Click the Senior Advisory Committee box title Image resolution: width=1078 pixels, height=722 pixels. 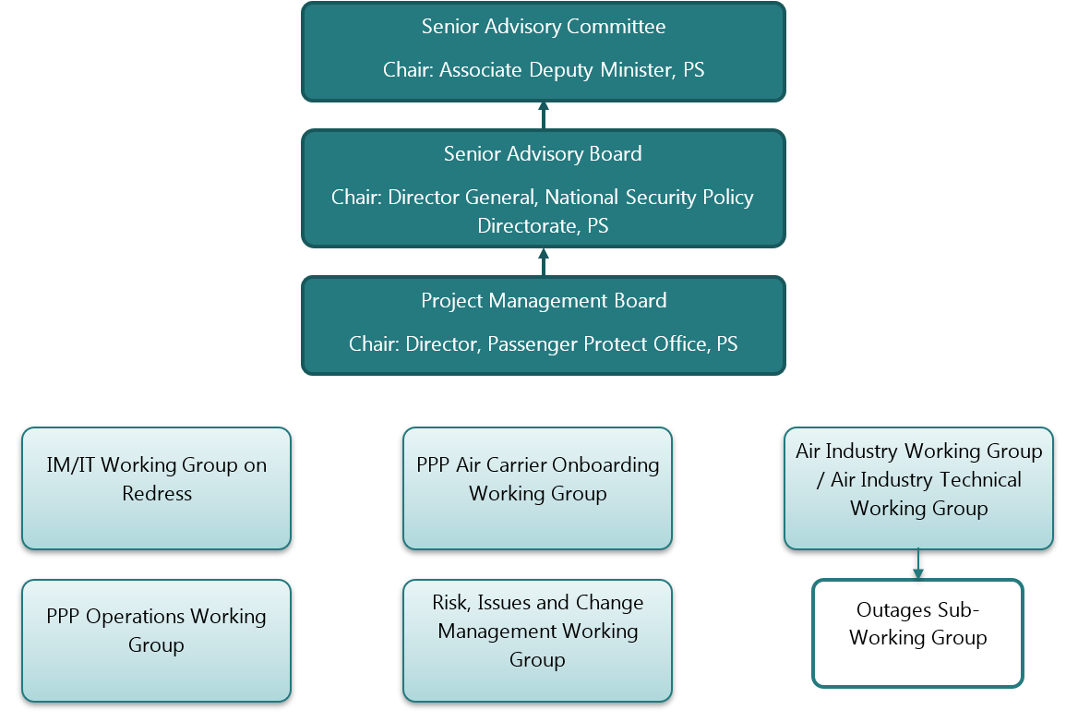(x=543, y=27)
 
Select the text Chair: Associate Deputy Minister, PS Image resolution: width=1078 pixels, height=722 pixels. (x=543, y=70)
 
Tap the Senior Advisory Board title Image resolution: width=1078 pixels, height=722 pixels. (x=543, y=154)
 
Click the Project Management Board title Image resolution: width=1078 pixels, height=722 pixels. (x=543, y=301)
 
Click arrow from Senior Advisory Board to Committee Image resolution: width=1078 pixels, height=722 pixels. (x=543, y=115)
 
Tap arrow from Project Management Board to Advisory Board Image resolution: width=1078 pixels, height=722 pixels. (x=543, y=261)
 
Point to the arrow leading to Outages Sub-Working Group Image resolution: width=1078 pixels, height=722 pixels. (x=918, y=564)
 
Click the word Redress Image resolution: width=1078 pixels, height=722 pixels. (x=157, y=494)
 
